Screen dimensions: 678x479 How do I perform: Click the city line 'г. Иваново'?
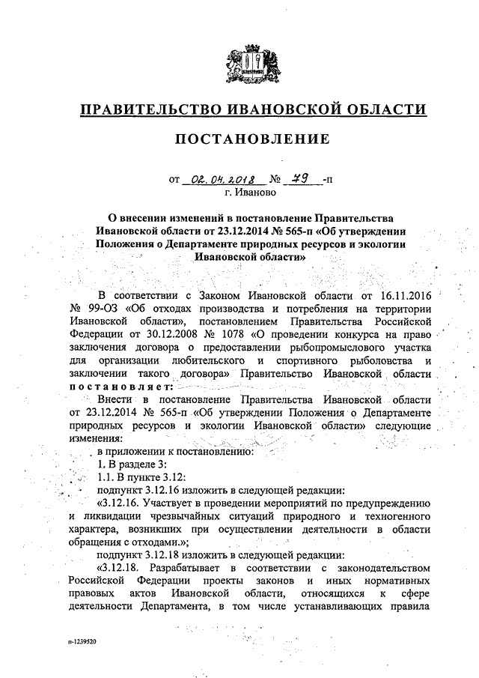pos(253,193)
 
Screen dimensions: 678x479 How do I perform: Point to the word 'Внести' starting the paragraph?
pos(120,402)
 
